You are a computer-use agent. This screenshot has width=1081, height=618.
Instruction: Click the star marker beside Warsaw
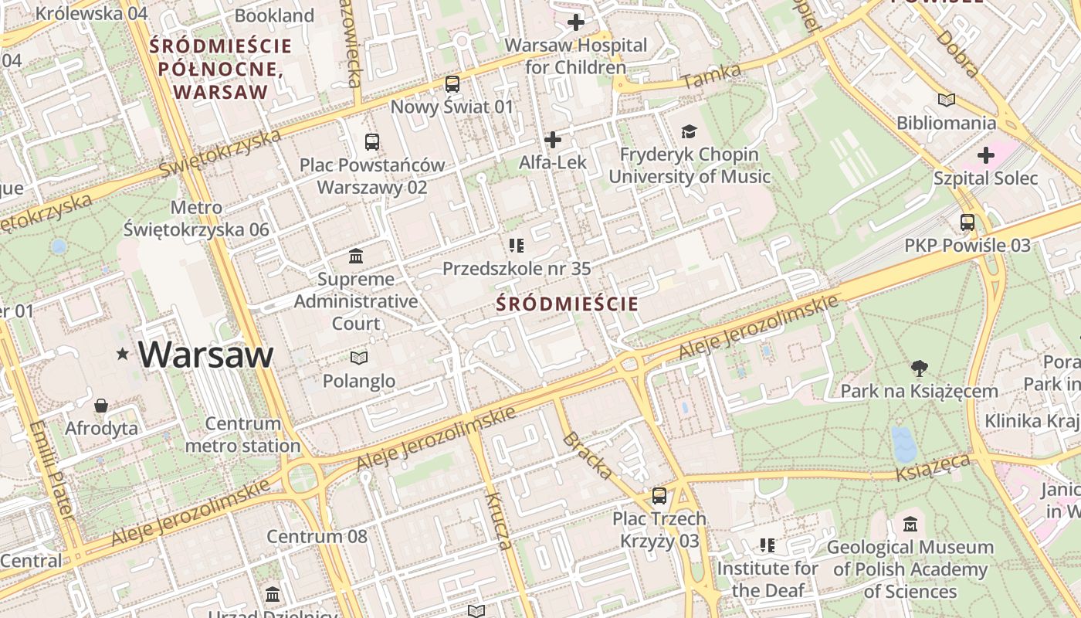point(122,355)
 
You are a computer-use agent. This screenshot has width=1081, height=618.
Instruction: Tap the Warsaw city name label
point(206,355)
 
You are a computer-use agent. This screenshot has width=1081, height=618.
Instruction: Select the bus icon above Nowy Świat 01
point(452,84)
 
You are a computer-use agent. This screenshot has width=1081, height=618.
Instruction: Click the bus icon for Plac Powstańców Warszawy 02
point(372,142)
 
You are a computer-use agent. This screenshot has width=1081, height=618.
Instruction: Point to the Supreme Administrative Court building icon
point(356,256)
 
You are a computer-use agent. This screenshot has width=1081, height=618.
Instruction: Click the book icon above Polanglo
point(359,358)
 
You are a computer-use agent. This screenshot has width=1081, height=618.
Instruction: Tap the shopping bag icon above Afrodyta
point(101,406)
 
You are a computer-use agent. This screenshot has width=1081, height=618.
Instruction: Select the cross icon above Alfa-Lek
point(553,140)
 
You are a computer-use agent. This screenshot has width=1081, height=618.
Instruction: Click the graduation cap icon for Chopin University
point(689,132)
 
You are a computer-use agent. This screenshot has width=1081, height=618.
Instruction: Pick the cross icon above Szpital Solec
point(986,155)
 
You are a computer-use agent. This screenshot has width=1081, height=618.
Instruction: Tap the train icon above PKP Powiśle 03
point(967,222)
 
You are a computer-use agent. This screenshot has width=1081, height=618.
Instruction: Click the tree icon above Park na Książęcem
point(919,368)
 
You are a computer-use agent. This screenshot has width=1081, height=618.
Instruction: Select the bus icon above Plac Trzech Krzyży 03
point(659,495)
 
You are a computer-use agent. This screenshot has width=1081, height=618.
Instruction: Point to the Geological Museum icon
point(910,525)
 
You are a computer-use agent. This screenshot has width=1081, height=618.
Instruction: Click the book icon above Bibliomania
point(946,100)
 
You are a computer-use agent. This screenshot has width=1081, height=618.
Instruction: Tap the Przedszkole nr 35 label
point(517,269)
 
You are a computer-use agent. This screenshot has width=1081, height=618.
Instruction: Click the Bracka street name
point(588,456)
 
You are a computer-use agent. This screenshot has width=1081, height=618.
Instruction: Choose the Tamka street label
point(711,76)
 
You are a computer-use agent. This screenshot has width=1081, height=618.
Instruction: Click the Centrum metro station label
point(243,435)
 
